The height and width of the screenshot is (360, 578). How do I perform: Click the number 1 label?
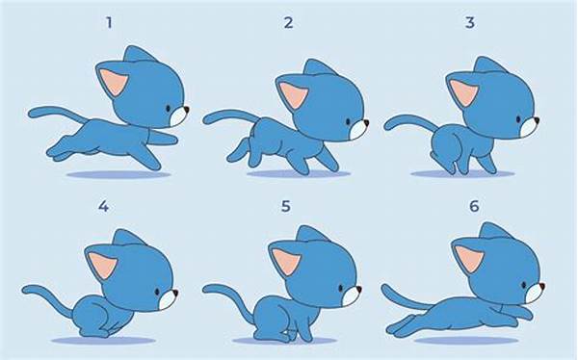pyautogui.click(x=109, y=23)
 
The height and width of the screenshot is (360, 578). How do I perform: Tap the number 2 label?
pyautogui.click(x=288, y=23)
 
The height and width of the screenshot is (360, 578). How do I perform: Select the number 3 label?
pyautogui.click(x=470, y=23)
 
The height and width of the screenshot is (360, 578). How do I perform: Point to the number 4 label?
pyautogui.click(x=104, y=207)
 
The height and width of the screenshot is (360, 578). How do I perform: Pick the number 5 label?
pyautogui.click(x=286, y=207)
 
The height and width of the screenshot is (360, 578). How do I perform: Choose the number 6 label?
pyautogui.click(x=474, y=206)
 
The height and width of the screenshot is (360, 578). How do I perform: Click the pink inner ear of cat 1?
pyautogui.click(x=114, y=82)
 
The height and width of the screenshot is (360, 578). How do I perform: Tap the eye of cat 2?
pyautogui.click(x=348, y=122)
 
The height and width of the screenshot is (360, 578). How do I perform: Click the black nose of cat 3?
pyautogui.click(x=537, y=119)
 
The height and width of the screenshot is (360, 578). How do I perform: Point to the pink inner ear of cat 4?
pyautogui.click(x=102, y=264)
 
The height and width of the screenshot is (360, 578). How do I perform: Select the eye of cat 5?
pyautogui.click(x=341, y=288)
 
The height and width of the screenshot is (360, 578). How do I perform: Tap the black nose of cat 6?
pyautogui.click(x=541, y=286)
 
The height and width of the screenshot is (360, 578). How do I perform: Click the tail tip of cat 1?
pyautogui.click(x=31, y=114)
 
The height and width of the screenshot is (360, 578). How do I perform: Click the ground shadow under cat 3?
pyautogui.click(x=462, y=173)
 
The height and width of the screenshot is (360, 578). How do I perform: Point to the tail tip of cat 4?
pyautogui.click(x=25, y=290)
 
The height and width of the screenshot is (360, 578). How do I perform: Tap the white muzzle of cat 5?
pyautogui.click(x=351, y=296)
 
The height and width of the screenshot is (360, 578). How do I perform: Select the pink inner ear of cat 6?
pyautogui.click(x=469, y=258)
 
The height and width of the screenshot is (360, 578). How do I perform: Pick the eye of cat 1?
pyautogui.click(x=168, y=109)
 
